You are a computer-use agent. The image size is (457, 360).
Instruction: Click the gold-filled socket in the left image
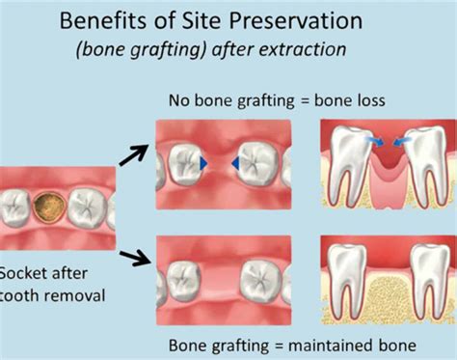[47, 207]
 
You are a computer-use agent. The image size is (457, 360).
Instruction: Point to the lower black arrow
[133, 256]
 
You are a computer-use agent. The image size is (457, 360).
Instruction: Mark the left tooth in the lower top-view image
[184, 271]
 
